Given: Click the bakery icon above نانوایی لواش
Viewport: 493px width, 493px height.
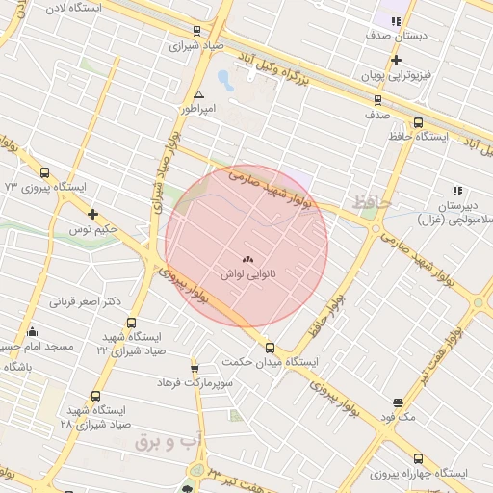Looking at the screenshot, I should pos(246,259).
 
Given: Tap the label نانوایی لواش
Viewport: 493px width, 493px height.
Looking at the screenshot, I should pos(248,274).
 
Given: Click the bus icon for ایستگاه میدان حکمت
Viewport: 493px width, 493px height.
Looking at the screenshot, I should pos(270,348).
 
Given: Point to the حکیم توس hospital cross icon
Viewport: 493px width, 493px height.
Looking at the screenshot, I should pos(92,214).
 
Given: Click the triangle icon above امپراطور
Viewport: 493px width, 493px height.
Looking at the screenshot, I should pos(198,94).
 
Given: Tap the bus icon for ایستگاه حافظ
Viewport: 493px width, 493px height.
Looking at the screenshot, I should pos(418,122).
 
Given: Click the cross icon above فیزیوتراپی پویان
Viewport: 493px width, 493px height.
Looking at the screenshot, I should pos(396,60).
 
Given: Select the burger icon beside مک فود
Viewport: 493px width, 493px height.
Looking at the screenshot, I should pos(398,402).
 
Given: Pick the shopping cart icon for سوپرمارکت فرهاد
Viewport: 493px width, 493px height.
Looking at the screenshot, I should pos(195,368).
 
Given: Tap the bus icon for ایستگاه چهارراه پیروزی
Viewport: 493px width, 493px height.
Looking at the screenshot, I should pos(418,458).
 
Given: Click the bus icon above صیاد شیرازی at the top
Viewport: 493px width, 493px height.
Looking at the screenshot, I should pos(197,31).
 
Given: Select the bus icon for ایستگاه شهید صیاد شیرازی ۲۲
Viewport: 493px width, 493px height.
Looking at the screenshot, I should pos(131,324).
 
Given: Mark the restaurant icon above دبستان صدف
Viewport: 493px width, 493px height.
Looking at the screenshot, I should pos(396,21).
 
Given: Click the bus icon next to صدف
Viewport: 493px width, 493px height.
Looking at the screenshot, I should pos(376,99).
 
